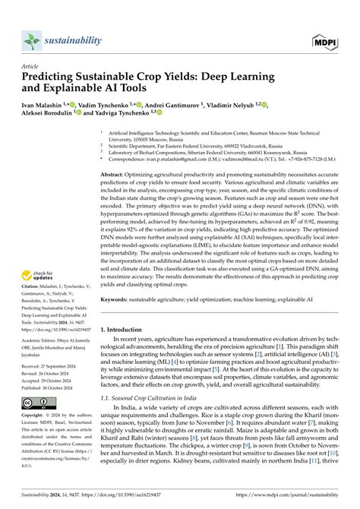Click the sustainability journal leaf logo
click(32, 40)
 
